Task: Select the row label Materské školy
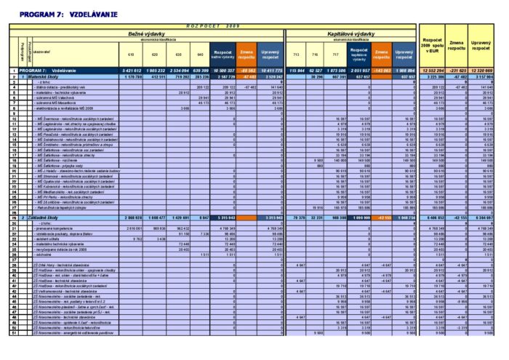click(x=43, y=76)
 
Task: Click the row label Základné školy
click(x=43, y=217)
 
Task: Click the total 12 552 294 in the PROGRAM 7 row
click(x=433, y=70)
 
